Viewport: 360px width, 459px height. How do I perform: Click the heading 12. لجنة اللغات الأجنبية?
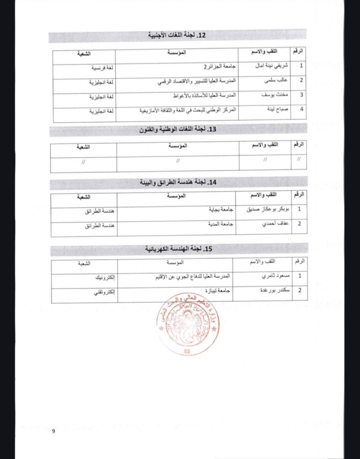coord(178,35)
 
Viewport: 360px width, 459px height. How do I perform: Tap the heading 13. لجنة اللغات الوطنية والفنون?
coord(177,130)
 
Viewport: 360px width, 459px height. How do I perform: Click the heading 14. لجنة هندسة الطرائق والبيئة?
coord(177,182)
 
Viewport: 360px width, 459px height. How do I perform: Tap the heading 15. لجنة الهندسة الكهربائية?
coord(178,249)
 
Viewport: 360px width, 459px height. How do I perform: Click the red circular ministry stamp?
coord(188,325)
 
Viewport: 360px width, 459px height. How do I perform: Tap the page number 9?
coord(53,432)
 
